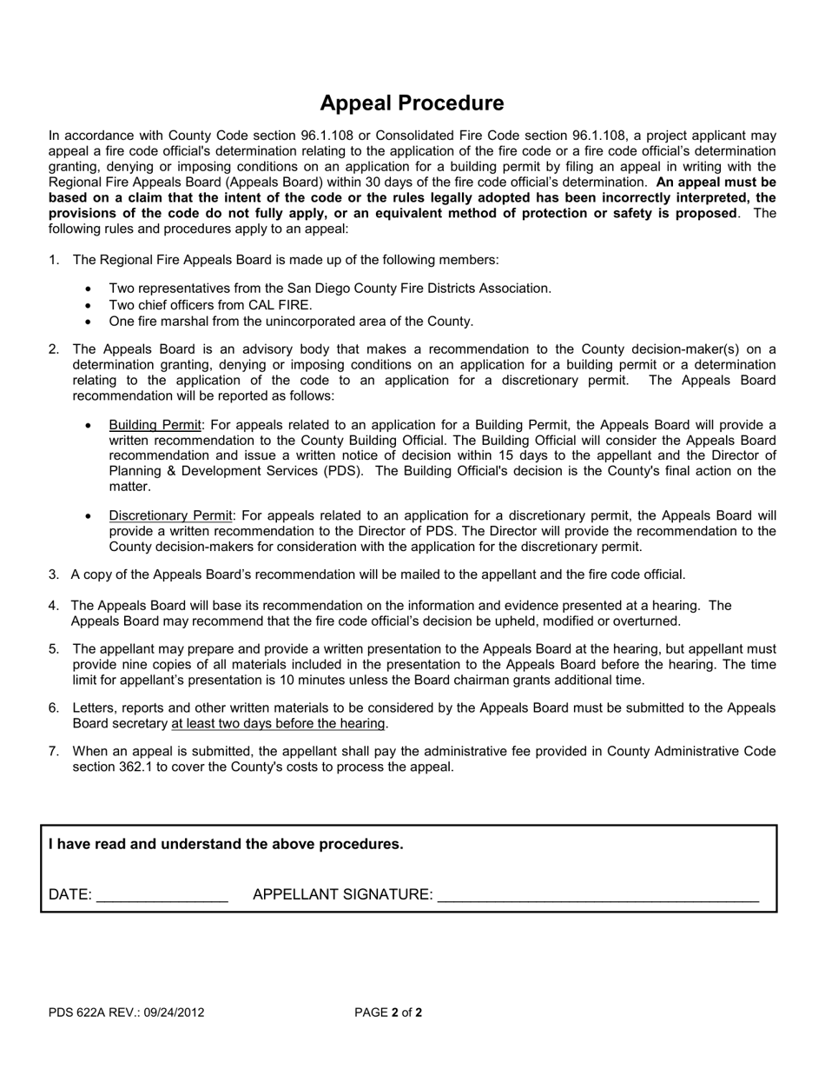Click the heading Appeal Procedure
coord(412,103)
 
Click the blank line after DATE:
coord(162,895)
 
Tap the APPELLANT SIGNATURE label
coord(342,894)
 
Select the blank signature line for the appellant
coord(598,897)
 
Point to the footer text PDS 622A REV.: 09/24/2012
coord(127,1013)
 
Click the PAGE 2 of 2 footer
coord(388,1013)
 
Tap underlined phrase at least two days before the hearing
coord(278,724)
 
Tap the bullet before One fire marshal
coord(90,322)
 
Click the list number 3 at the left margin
coord(53,574)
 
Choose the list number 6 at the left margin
coord(53,708)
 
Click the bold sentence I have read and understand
coord(226,844)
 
